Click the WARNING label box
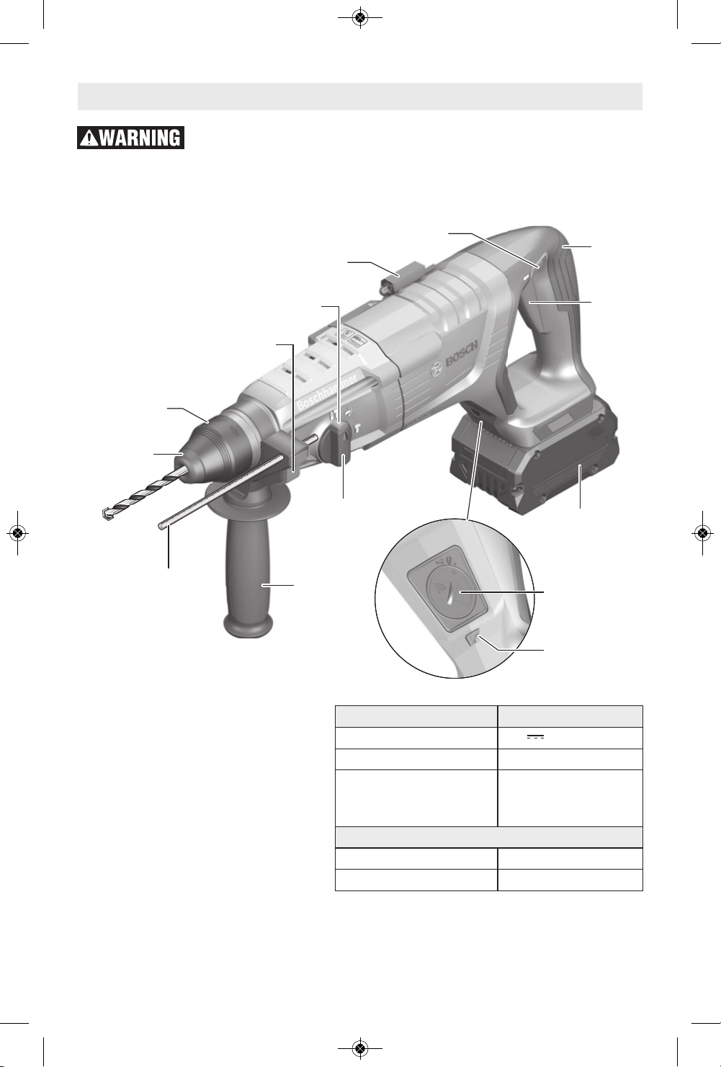pos(130,138)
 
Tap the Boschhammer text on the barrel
pos(327,393)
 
